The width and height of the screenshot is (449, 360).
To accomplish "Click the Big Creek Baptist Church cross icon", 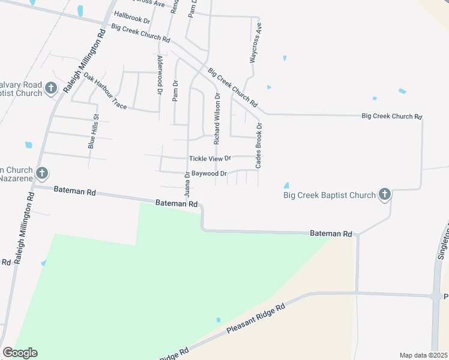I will [x=385, y=194].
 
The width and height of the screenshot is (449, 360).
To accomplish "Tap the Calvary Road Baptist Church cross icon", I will [x=51, y=89].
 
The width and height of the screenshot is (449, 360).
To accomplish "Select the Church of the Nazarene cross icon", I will [x=42, y=174].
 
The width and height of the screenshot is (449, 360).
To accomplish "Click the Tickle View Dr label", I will [x=210, y=158].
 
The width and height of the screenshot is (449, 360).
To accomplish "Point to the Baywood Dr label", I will [x=209, y=174].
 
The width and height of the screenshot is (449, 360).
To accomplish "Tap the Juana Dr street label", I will [x=187, y=183].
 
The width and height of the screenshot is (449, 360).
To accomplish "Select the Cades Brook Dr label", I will [x=259, y=145].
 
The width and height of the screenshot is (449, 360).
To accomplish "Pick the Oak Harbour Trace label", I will [x=105, y=91].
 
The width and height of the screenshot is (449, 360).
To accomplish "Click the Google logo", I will [x=20, y=353].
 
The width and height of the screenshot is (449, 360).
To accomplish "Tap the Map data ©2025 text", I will [x=423, y=355].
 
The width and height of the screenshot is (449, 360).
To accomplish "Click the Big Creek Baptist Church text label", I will [x=329, y=194].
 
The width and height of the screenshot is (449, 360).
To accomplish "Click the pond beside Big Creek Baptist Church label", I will [x=286, y=185].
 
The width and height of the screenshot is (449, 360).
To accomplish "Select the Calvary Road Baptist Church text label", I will [x=21, y=89].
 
